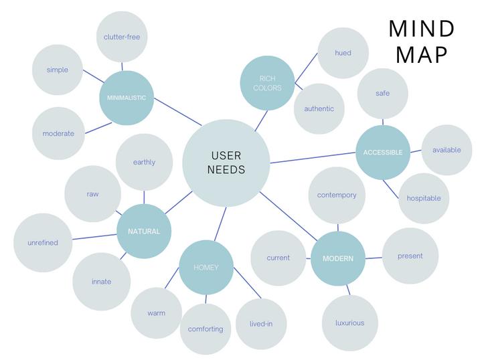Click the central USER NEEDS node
[226, 163]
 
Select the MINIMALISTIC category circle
[127, 98]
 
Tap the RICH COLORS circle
[267, 83]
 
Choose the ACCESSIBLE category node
[383, 153]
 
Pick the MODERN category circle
[338, 258]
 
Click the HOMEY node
[206, 268]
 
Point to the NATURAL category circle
[144, 232]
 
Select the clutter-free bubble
[122, 37]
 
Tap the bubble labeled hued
[343, 53]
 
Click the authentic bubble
[319, 109]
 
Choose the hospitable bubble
[424, 198]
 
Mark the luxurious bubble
[349, 323]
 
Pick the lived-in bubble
[261, 324]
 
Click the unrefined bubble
[43, 243]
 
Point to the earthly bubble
[144, 162]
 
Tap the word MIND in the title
[422, 29]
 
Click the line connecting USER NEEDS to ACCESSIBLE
[312, 158]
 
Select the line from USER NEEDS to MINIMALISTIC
[177, 112]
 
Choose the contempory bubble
[337, 195]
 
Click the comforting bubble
[206, 329]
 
